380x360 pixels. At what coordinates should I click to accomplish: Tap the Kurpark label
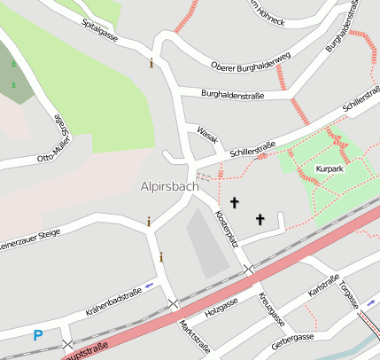click(329, 168)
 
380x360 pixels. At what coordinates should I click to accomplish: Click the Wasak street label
click(207, 133)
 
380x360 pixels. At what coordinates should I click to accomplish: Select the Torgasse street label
click(348, 293)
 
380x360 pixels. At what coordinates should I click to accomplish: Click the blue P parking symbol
click(37, 335)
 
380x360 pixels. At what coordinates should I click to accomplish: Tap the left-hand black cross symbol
click(234, 203)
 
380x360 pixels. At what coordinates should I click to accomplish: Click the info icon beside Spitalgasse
click(151, 63)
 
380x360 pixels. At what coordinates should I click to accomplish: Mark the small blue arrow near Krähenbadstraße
click(149, 285)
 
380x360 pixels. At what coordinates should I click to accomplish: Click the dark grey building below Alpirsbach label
click(206, 240)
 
